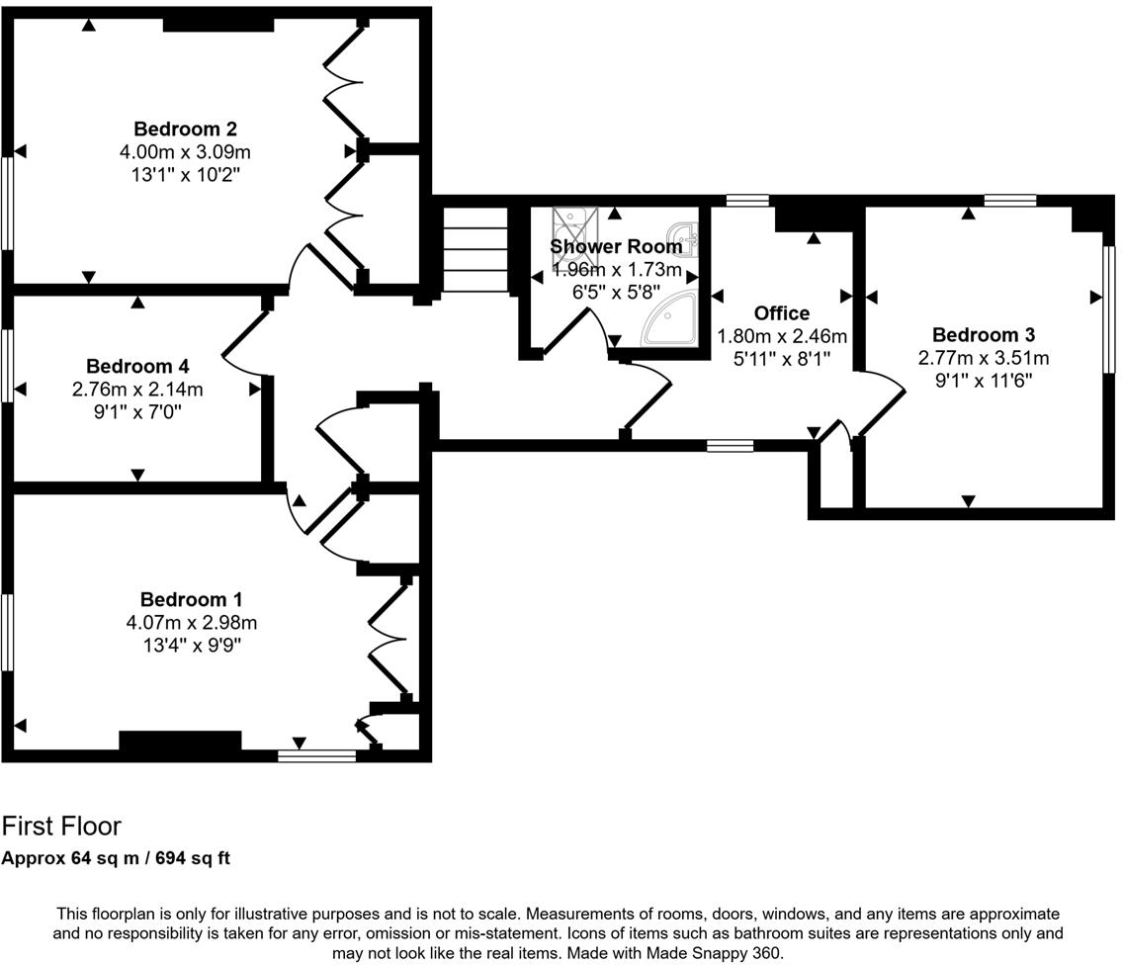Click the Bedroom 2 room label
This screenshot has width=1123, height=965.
[x=185, y=129]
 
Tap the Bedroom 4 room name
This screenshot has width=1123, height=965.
[x=137, y=366]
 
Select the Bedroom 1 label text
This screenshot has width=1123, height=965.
[x=191, y=599]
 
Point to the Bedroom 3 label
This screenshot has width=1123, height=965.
[x=983, y=334]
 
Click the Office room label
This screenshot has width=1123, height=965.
[x=781, y=313]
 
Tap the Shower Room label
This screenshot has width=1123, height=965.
[x=615, y=246]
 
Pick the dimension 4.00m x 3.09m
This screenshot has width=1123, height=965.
[x=185, y=152]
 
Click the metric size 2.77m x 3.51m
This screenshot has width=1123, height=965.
[x=983, y=358]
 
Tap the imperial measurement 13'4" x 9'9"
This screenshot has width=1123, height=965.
[x=191, y=646]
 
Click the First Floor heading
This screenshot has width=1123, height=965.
[x=61, y=826]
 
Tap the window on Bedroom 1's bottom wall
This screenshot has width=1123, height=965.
[x=316, y=755]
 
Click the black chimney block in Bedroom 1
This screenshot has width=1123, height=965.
[x=180, y=742]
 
